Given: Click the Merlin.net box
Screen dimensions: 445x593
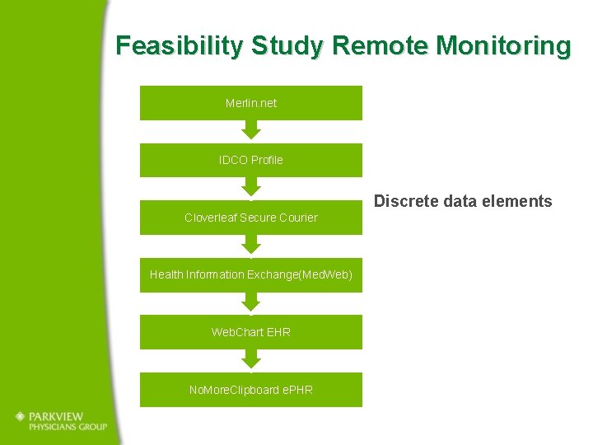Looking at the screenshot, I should (x=250, y=103).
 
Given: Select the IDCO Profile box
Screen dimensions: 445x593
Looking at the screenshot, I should (x=250, y=160).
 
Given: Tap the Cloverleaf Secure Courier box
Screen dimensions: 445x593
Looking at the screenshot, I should (x=250, y=218).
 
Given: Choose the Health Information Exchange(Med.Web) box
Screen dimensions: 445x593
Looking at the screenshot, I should (x=250, y=274).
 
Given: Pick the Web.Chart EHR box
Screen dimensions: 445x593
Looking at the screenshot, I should (x=250, y=332).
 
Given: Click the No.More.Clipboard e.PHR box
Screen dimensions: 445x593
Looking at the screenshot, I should (x=250, y=389).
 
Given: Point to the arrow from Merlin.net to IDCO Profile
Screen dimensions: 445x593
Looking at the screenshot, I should (x=251, y=129).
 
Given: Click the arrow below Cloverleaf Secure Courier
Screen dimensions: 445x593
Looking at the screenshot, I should (x=251, y=244).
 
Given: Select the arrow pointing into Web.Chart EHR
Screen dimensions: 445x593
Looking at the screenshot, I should (x=251, y=302).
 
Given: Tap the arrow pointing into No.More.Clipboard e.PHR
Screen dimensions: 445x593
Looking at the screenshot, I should (x=251, y=358).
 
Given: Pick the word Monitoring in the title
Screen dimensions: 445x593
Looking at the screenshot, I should (x=503, y=45).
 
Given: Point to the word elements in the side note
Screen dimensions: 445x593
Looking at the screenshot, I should (x=521, y=201).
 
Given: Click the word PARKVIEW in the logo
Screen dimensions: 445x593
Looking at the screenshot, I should (x=63, y=416).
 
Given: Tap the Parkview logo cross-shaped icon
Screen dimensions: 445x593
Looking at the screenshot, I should (x=20, y=417).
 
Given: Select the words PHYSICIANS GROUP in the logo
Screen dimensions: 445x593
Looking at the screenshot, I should (x=68, y=427).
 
